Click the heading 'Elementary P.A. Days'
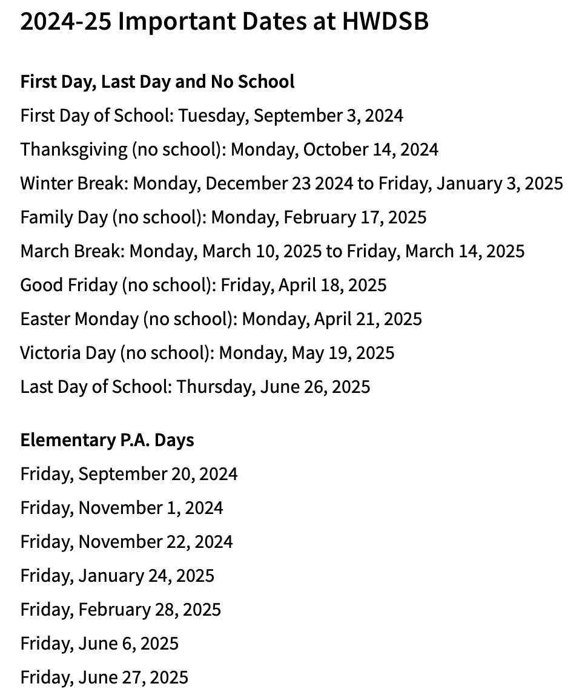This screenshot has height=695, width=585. point(107,440)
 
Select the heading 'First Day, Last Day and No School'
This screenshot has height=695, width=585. point(157,81)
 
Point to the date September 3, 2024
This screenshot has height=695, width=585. point(328,115)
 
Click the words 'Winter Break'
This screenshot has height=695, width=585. point(73,183)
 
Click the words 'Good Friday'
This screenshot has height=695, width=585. point(68,285)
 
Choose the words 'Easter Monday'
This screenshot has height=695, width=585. point(79,318)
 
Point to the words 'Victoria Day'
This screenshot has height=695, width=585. point(68,352)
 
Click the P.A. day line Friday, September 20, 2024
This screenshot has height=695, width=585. point(129,473)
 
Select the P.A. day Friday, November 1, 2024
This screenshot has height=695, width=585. point(122,507)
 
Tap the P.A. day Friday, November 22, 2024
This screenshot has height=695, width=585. point(127,541)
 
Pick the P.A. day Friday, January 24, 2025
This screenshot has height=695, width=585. point(117,575)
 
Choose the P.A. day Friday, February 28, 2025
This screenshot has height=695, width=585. point(121,609)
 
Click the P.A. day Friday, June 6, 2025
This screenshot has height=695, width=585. point(99,643)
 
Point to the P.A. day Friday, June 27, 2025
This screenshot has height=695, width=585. point(104,677)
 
